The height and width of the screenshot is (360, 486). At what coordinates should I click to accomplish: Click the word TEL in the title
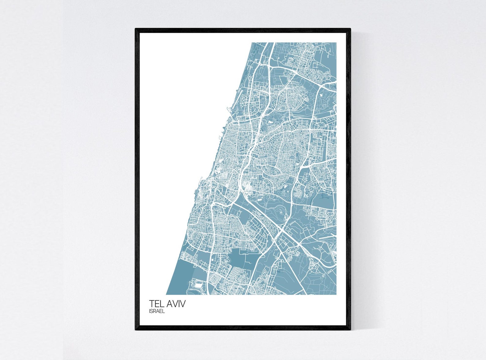[x=156, y=304]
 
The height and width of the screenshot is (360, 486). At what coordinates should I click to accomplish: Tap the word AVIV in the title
[x=175, y=304]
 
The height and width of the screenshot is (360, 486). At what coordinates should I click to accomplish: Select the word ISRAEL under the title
[x=157, y=311]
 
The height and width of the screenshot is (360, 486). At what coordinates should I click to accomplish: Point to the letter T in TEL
[x=151, y=304]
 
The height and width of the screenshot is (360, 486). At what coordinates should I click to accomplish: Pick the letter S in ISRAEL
[x=152, y=311]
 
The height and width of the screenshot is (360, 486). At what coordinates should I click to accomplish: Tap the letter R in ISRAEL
[x=155, y=311]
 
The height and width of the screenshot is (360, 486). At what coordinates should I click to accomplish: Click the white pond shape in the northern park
[x=271, y=122]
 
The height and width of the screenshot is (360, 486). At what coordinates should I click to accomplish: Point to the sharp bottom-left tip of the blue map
[x=166, y=294]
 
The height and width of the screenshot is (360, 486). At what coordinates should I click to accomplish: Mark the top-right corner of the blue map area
[x=336, y=43]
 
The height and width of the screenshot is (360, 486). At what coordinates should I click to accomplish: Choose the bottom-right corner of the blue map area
[x=336, y=294]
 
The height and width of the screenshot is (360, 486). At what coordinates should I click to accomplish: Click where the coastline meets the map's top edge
[x=252, y=43]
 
